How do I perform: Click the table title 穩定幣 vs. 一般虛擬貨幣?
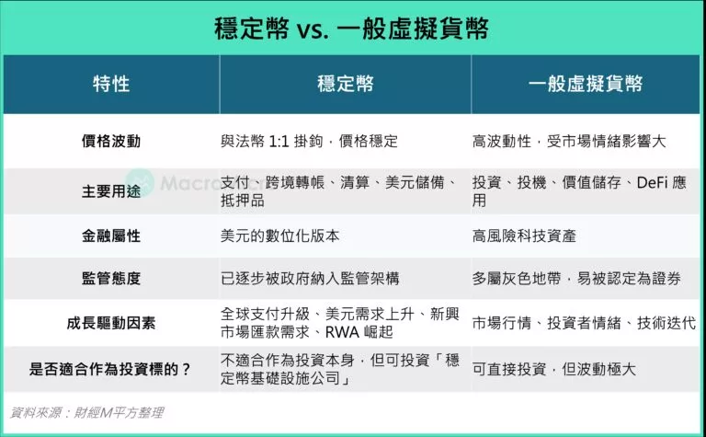pos(352,29)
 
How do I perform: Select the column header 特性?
pos(111,85)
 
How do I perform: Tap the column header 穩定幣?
pos(345,85)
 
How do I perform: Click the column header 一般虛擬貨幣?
pos(586,85)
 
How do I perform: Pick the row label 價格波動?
pos(111,142)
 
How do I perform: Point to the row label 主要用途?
pos(111,190)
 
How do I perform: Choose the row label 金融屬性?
pos(111,236)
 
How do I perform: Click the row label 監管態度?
pos(111,277)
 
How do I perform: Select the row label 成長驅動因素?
pos(111,323)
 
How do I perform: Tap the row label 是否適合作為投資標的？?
pos(111,370)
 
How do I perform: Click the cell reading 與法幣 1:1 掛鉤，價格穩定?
pos(310,142)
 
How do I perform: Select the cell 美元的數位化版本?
pos(280,236)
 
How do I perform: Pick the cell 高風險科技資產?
pos(524,236)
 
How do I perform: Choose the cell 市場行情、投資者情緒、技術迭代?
pos(584,323)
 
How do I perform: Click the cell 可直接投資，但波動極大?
pos(553,370)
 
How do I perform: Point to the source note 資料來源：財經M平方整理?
pos(87,412)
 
